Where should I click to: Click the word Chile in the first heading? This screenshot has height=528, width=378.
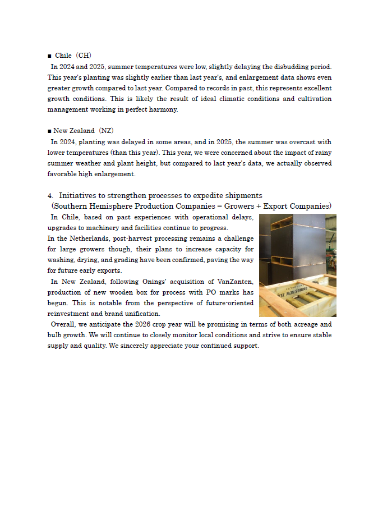63,56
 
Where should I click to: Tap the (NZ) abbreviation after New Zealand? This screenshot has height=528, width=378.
106,131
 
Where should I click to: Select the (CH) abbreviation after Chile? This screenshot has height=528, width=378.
84,56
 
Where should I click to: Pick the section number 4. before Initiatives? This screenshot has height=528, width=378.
50,196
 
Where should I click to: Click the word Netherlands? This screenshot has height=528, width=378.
82,238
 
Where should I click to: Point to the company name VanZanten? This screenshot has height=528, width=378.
236,281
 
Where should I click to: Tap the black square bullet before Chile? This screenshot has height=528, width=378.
49,56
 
